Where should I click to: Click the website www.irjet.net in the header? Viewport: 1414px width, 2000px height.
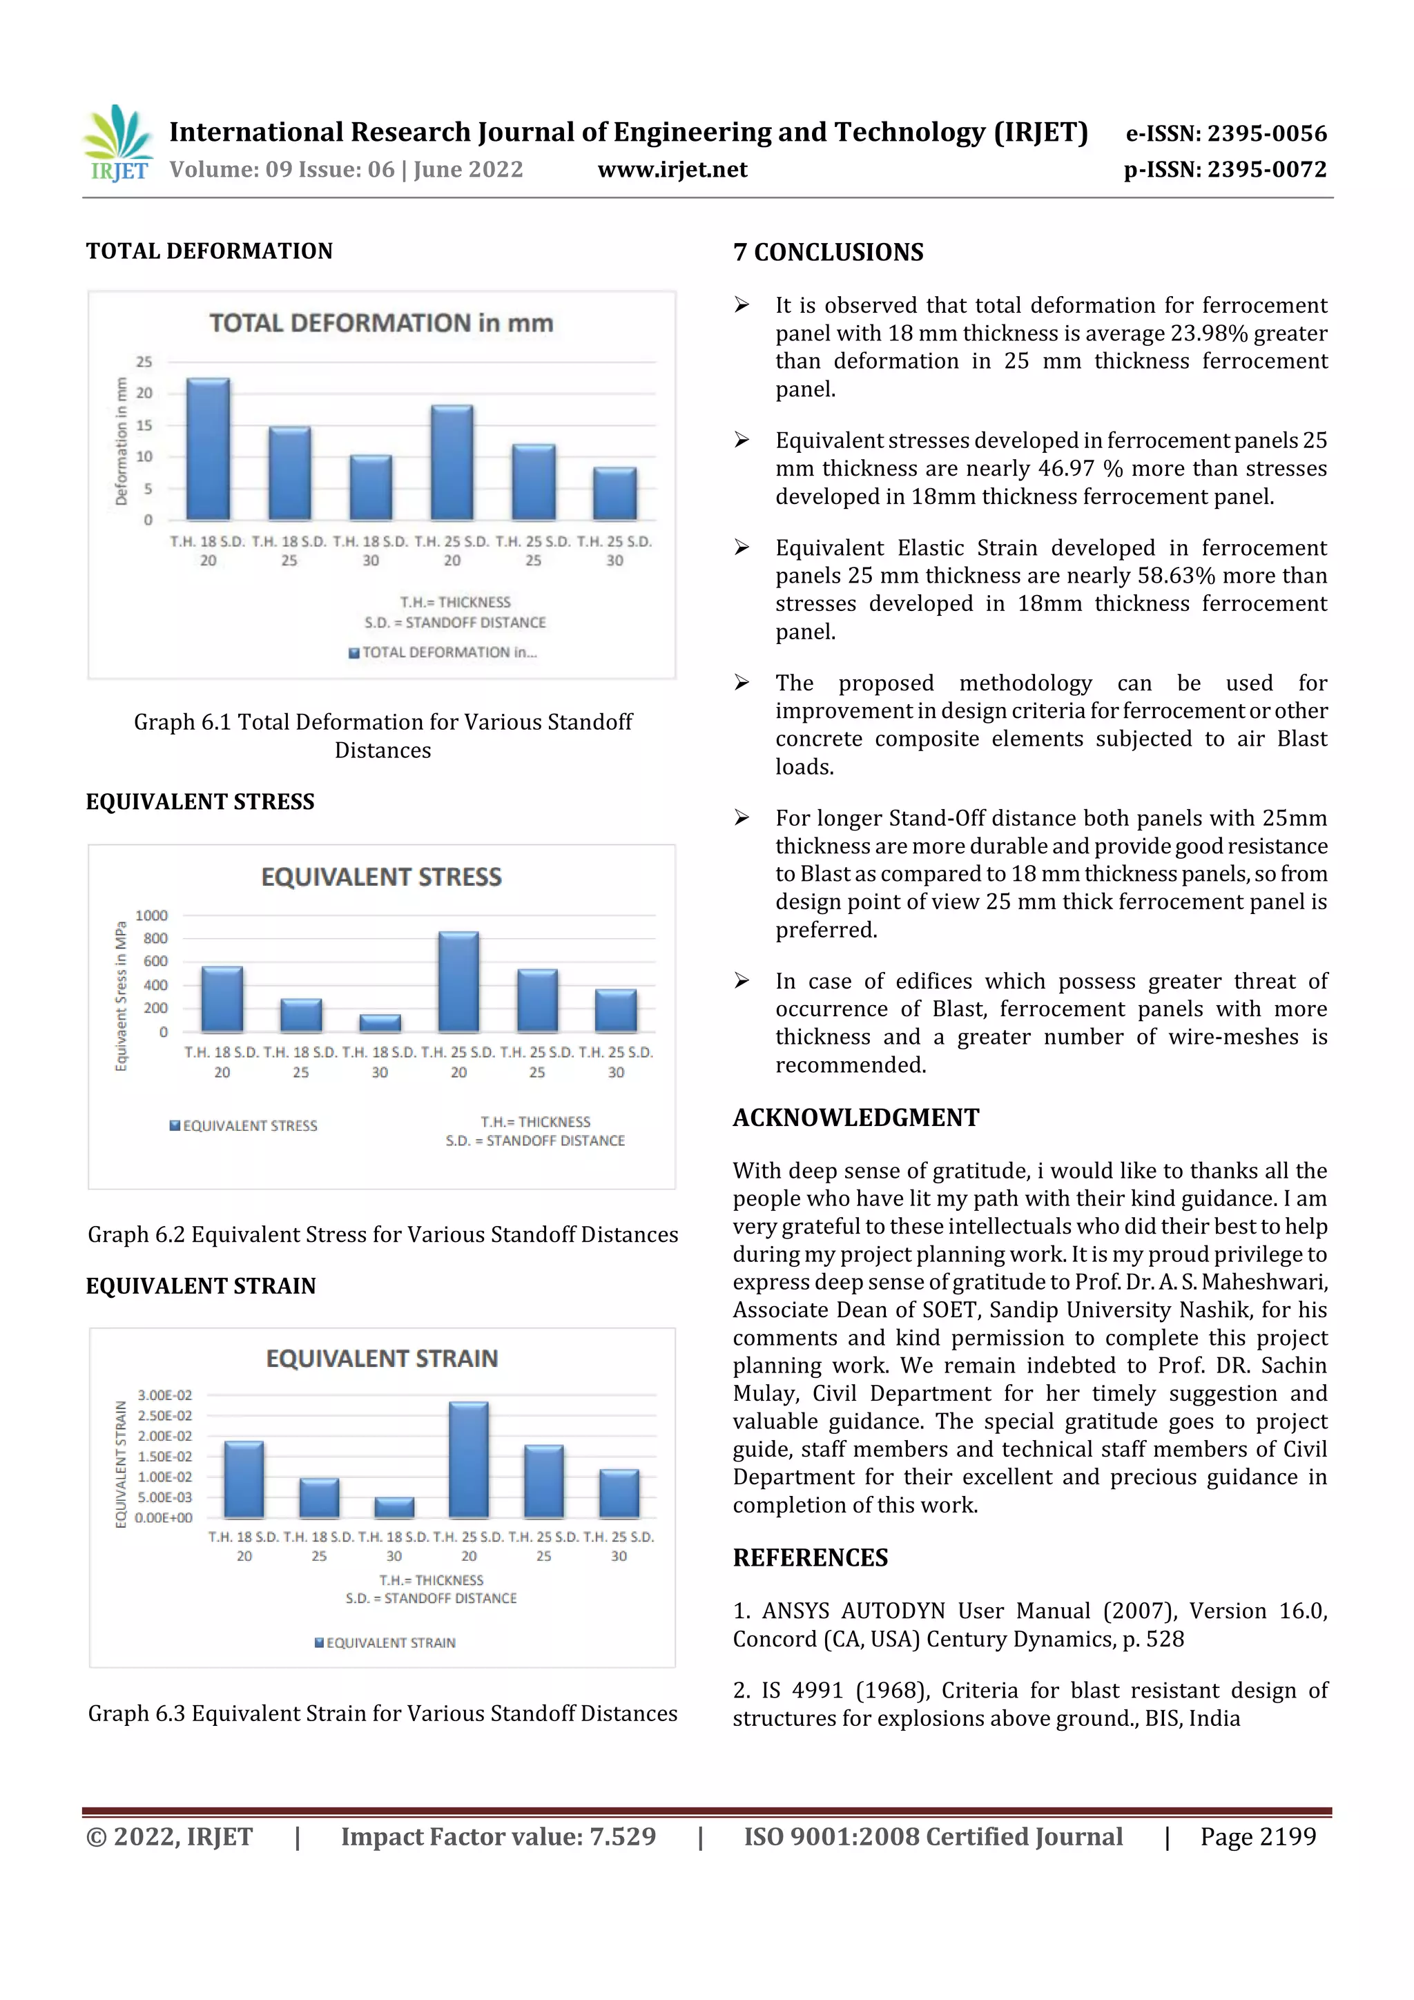[672, 170]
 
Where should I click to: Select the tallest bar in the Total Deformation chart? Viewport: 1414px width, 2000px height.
[209, 449]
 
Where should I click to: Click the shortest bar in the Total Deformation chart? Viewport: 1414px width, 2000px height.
[615, 493]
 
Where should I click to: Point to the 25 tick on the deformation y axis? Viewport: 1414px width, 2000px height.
[144, 362]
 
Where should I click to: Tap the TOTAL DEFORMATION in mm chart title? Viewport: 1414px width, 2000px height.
[380, 323]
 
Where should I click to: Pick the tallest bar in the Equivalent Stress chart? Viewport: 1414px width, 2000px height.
[458, 982]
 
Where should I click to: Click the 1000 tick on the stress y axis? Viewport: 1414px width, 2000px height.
[152, 915]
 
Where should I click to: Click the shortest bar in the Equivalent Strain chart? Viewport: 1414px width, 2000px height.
[394, 1508]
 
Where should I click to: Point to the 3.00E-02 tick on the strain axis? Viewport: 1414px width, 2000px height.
[164, 1395]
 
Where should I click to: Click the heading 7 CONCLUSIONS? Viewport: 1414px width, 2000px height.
[828, 253]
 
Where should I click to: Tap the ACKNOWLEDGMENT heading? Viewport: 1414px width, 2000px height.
[855, 1118]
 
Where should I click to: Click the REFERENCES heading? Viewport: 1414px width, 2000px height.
[811, 1557]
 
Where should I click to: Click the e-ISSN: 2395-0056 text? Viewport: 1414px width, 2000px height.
[1226, 133]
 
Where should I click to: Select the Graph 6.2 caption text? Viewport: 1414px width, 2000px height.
[382, 1234]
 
